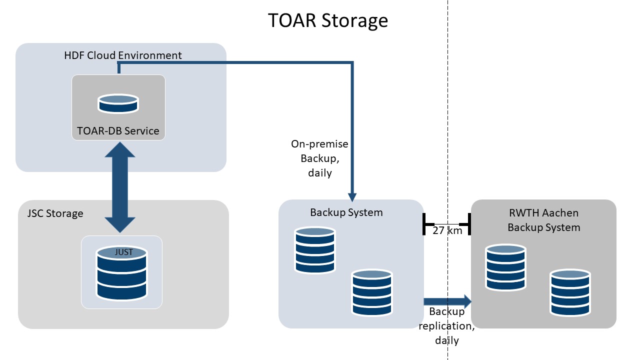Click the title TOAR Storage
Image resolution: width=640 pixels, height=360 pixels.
[x=327, y=20]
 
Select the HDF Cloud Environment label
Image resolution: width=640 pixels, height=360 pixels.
[x=123, y=55]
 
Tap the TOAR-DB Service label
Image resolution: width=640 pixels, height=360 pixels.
[x=118, y=131]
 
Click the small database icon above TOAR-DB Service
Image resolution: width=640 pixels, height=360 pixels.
[x=118, y=103]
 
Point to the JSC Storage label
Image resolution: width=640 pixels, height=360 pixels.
[x=55, y=213]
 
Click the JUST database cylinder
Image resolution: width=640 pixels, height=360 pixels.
[x=121, y=273]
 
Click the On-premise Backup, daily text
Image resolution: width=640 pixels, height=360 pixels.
[x=319, y=158]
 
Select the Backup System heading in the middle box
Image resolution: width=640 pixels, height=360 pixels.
[x=346, y=212]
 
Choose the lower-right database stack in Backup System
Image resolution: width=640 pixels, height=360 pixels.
[x=371, y=292]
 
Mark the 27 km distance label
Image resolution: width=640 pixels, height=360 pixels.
[x=447, y=230]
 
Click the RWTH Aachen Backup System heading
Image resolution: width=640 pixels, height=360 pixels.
[x=543, y=220]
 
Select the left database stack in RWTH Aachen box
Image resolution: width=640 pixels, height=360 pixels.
[x=505, y=267]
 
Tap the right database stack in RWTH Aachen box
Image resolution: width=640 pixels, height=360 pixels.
[x=570, y=292]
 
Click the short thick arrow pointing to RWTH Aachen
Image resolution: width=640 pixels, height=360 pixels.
[x=447, y=301]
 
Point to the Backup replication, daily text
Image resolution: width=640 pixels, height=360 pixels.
[x=446, y=326]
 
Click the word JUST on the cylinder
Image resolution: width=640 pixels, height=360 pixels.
[x=123, y=252]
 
